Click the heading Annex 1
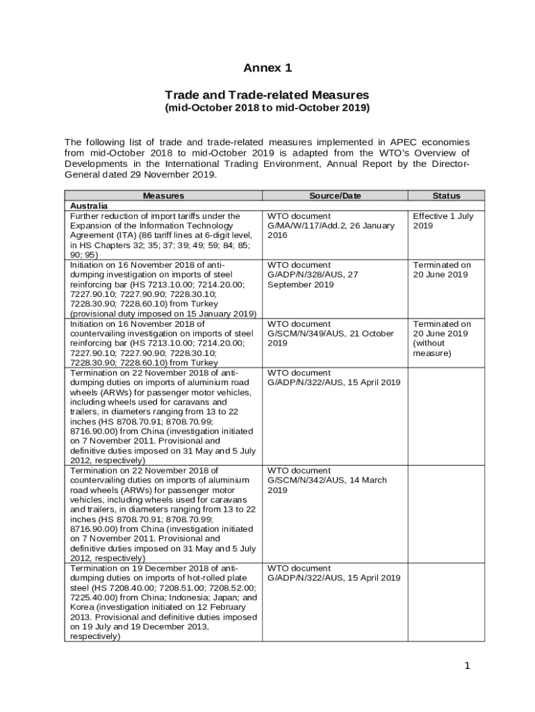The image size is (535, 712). [x=267, y=67]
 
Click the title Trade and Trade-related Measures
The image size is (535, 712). [x=267, y=95]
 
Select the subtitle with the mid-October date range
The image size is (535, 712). [x=267, y=108]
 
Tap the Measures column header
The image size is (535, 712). [x=163, y=196]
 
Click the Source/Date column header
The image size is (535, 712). [x=334, y=196]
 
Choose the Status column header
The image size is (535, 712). [x=445, y=196]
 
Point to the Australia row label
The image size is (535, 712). [x=89, y=207]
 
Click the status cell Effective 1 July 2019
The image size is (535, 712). [x=443, y=221]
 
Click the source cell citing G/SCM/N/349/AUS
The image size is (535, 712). [x=331, y=334]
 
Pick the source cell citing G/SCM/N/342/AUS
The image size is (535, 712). [x=327, y=480]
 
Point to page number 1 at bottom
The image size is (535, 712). [x=468, y=666]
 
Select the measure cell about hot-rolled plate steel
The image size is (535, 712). [x=163, y=602]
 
